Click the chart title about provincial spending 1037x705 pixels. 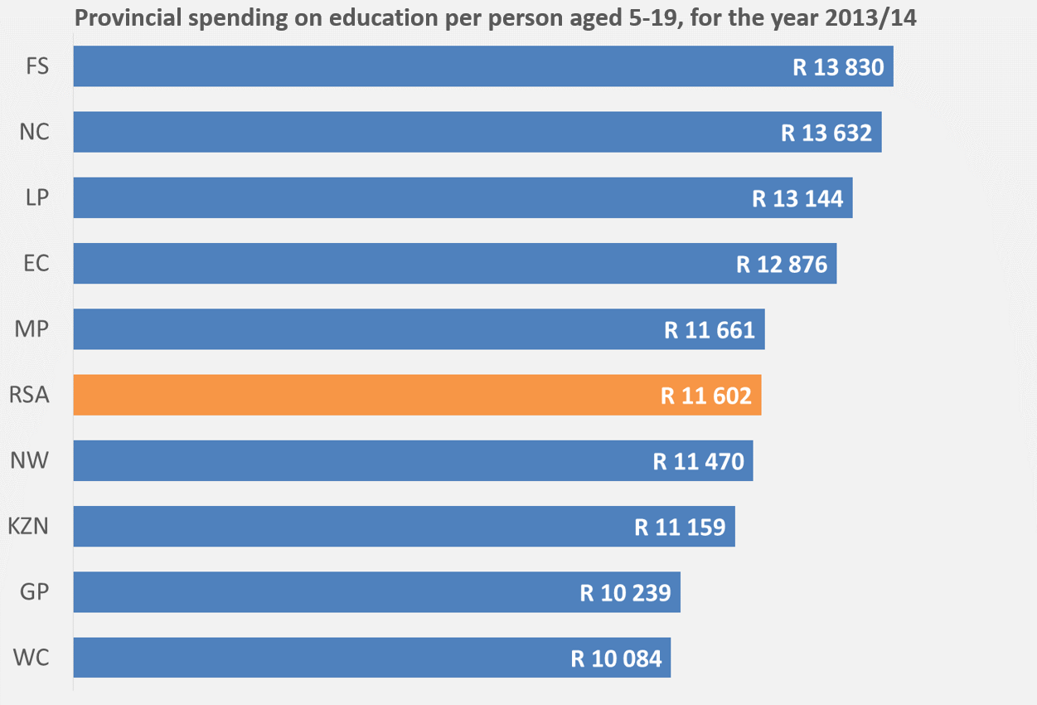click(x=496, y=18)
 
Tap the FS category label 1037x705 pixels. click(x=37, y=66)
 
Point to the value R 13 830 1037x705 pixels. click(x=838, y=67)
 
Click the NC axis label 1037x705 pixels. click(x=35, y=132)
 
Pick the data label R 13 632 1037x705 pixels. click(x=826, y=133)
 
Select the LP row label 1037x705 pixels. click(x=36, y=198)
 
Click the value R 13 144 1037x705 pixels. click(x=797, y=199)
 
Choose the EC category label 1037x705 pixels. click(x=36, y=264)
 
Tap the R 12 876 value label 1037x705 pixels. click(x=782, y=265)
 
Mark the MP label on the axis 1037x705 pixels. click(x=32, y=329)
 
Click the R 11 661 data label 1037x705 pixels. click(x=710, y=330)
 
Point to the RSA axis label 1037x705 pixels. click(x=29, y=395)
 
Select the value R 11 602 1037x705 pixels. click(x=705, y=396)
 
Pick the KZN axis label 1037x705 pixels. click(x=28, y=526)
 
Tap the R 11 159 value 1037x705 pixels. click(x=680, y=527)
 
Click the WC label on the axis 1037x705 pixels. click(x=31, y=658)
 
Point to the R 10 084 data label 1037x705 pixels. click(x=617, y=659)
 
